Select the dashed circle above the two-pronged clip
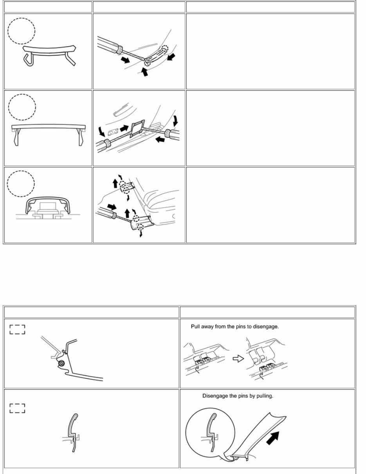pyautogui.click(x=22, y=107)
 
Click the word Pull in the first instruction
pyautogui.click(x=196, y=326)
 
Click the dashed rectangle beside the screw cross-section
pyautogui.click(x=18, y=329)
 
